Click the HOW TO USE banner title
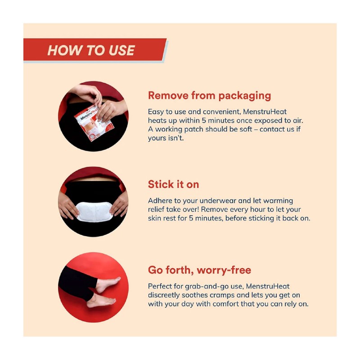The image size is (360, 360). point(91,50)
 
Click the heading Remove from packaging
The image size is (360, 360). point(209,95)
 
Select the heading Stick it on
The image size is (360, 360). point(173,184)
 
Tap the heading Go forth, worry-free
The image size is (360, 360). point(199,270)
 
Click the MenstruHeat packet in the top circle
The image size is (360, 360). point(90,122)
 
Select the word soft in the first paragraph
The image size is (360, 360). point(238,129)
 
